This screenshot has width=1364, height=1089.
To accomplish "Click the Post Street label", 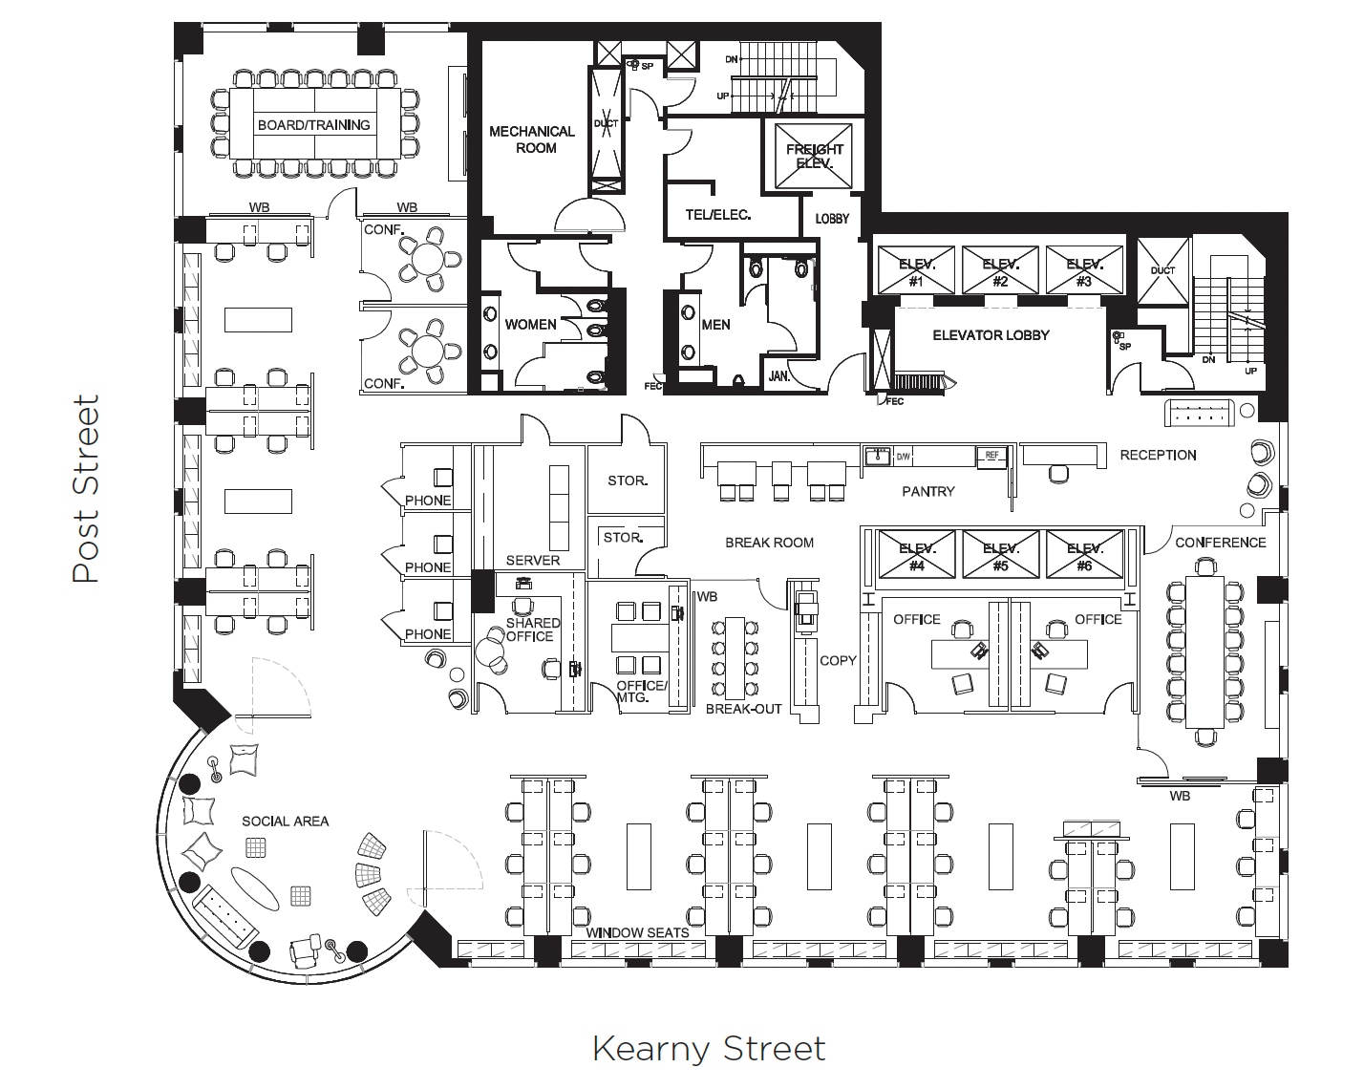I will click(86, 488).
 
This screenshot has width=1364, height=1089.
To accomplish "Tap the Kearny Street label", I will click(708, 1048).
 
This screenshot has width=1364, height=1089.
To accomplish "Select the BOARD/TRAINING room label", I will click(313, 125).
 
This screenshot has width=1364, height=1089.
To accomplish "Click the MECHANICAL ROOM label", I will click(532, 139).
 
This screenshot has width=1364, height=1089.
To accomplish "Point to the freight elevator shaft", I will click(814, 157).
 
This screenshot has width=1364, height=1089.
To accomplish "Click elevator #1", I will click(915, 271).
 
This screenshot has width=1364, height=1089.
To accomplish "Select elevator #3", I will click(1084, 271).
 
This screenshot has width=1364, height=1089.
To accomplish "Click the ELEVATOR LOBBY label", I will click(991, 335).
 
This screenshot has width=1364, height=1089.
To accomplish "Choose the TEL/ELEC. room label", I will click(717, 215).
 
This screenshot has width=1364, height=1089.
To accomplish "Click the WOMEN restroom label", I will click(530, 325).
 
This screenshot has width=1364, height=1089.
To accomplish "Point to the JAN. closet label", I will click(779, 376).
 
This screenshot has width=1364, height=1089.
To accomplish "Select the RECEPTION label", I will click(1158, 455).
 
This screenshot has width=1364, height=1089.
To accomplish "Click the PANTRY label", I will click(927, 491).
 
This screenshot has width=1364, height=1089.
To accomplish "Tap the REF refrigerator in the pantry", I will click(991, 457).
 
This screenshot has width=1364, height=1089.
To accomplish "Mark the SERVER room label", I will click(532, 560).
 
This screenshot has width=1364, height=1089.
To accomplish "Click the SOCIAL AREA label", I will click(285, 821).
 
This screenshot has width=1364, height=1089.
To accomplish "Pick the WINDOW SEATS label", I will click(637, 932).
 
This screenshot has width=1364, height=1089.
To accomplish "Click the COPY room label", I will click(838, 660).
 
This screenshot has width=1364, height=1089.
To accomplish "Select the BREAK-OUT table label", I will click(743, 709).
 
